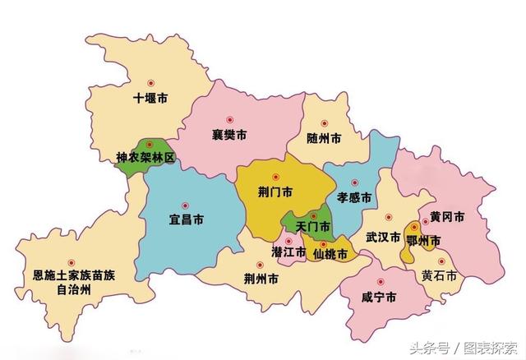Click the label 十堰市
point(150,99)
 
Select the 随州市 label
point(323,138)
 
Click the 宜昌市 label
point(187,220)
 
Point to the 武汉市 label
point(383,238)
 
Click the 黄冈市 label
point(447,217)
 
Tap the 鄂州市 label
point(424,239)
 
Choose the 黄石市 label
point(439,275)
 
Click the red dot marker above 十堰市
point(150,84)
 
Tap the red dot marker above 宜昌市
point(185,205)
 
